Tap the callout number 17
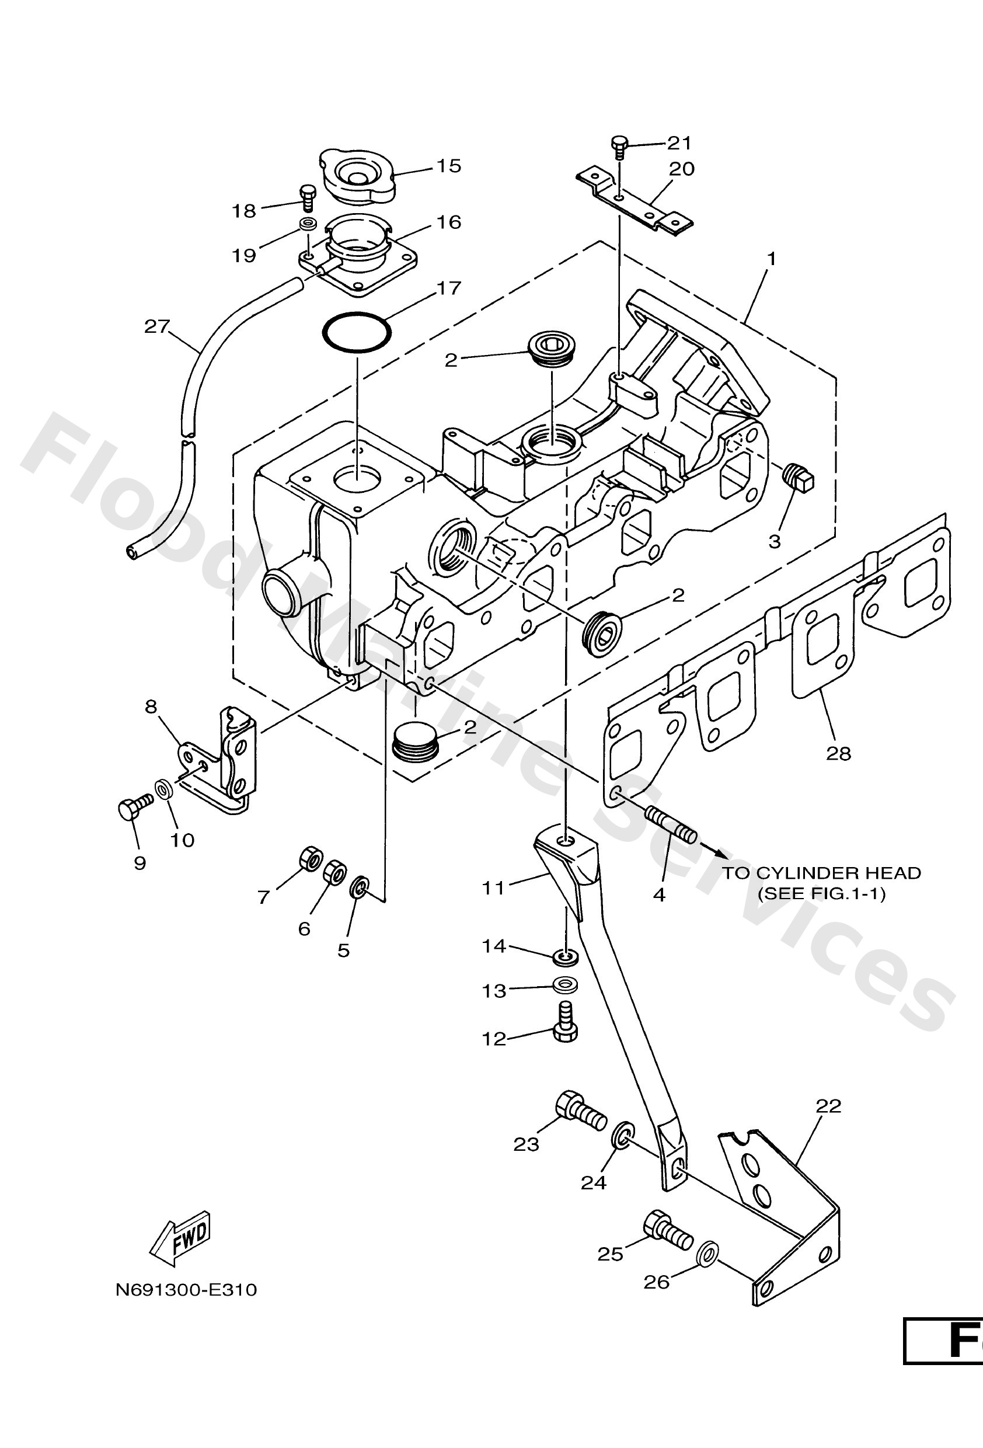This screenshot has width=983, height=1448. pos(448,288)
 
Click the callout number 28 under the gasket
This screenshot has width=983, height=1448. pos(838,753)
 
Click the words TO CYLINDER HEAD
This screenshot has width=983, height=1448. pos(821,873)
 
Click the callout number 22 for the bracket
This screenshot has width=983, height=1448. pos(828,1106)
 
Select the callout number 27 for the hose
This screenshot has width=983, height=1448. pos(157,326)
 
